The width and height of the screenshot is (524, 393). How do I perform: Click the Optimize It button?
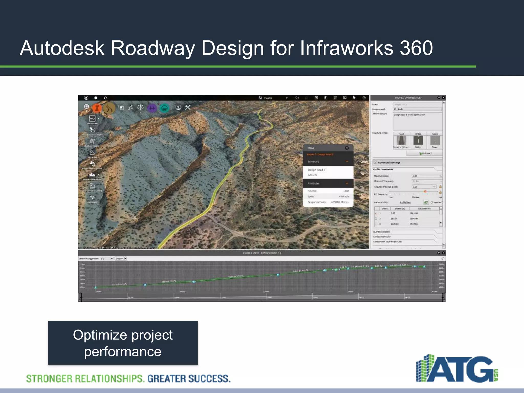pos(425,153)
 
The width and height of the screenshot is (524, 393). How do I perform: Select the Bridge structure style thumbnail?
pos(418,140)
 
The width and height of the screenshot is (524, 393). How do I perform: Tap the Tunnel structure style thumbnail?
pos(435,140)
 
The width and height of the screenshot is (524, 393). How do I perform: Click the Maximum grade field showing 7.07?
pos(426,176)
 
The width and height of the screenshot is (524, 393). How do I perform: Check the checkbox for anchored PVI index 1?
pos(376,213)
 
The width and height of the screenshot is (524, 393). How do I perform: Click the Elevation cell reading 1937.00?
pos(414,224)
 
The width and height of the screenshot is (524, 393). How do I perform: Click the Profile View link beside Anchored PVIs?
pos(405,202)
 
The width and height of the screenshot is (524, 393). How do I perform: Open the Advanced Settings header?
pos(389,162)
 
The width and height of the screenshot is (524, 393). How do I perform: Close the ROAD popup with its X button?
pos(347,148)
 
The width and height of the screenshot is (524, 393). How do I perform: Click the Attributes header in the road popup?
pos(314,183)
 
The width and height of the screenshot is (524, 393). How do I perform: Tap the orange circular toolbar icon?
pos(97,108)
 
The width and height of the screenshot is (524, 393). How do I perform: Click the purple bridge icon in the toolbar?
pos(152,108)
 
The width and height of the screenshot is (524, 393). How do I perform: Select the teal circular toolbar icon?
pos(165,108)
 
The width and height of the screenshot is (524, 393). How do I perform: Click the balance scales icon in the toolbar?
pos(140,107)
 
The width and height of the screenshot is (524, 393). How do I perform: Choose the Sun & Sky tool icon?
pos(92,153)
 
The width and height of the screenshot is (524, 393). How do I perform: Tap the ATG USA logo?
pos(457,368)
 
